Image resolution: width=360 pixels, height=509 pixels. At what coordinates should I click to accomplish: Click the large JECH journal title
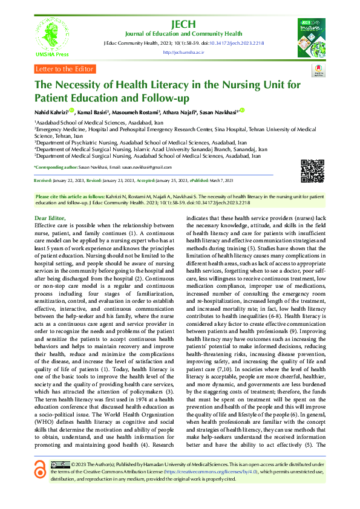(184, 24)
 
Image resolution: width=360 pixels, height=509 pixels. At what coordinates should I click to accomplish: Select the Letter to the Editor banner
(64, 69)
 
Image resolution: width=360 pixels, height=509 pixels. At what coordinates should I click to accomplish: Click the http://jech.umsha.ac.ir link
(184, 53)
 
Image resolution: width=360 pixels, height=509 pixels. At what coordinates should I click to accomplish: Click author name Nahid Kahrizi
(51, 112)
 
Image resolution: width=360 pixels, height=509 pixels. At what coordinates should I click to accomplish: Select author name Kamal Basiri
(94, 112)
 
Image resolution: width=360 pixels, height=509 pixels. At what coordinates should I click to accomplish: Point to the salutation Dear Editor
(50, 216)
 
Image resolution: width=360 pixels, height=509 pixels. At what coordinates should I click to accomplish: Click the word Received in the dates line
(43, 181)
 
